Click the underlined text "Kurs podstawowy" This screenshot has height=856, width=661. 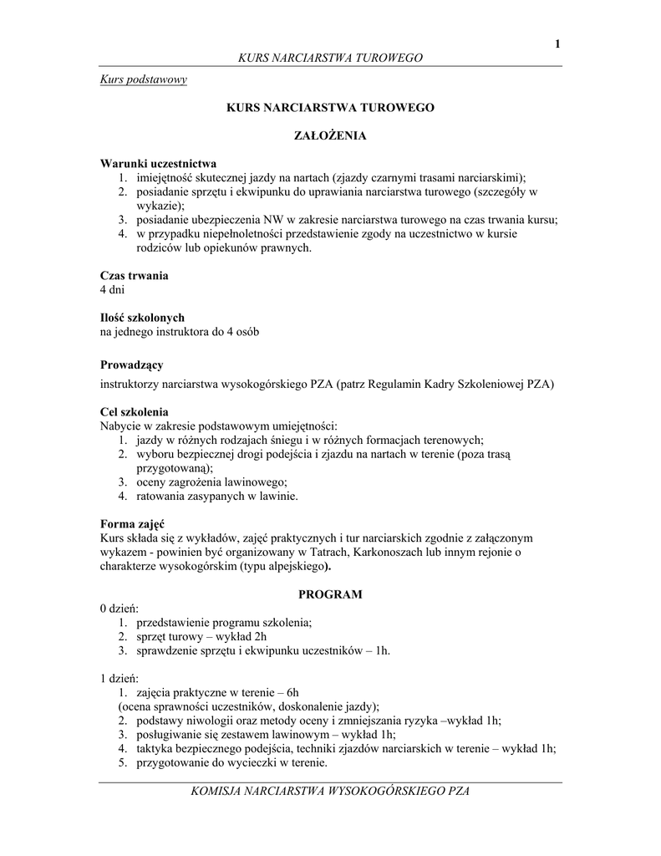(143, 79)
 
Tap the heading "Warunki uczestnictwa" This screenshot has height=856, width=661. (159, 163)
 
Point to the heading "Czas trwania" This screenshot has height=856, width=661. (134, 275)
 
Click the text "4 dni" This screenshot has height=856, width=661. (112, 289)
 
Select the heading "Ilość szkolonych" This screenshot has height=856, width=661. (142, 318)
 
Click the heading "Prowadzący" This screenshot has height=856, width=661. (131, 364)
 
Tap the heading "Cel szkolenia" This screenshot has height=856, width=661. (135, 412)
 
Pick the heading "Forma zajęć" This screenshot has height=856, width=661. (132, 523)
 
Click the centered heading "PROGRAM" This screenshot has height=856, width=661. (330, 594)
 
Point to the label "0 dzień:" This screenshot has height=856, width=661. (119, 609)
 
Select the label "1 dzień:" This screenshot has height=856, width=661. (119, 678)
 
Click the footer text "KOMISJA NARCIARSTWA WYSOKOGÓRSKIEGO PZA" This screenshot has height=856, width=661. (330, 791)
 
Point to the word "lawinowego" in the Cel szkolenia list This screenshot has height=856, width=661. (253, 481)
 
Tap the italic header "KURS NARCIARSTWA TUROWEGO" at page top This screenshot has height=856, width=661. (330, 58)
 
